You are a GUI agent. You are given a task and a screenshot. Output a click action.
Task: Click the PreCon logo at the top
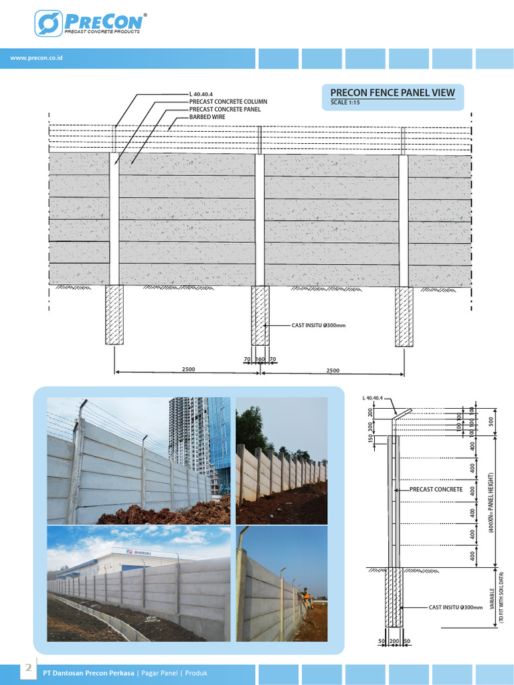(x=90, y=23)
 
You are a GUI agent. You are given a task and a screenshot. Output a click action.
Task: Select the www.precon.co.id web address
(x=37, y=58)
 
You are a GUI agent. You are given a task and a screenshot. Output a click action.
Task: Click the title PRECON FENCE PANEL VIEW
(x=392, y=93)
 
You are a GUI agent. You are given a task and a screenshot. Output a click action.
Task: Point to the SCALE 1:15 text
(x=346, y=103)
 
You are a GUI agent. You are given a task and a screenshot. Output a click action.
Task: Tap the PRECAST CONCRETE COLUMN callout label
(x=228, y=102)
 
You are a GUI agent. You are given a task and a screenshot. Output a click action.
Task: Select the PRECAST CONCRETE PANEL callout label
(x=225, y=109)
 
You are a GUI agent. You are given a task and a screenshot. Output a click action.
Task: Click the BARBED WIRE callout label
(x=207, y=116)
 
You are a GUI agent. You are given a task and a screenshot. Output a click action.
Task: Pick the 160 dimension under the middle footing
(x=260, y=359)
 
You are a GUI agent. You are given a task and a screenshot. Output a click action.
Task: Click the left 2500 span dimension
(x=187, y=370)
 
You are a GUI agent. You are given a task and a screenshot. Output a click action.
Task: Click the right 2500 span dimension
(x=332, y=370)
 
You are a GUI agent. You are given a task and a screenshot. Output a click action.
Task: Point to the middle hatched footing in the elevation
(x=260, y=316)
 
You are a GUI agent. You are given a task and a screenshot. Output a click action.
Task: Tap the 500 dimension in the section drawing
(x=491, y=421)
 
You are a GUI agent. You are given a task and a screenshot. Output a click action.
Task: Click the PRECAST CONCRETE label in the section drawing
(x=436, y=490)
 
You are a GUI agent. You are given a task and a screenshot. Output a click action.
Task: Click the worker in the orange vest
(x=305, y=593)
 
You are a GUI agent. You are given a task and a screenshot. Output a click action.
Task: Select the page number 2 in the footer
(x=28, y=668)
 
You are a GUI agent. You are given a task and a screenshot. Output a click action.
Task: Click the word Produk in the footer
(x=196, y=672)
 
